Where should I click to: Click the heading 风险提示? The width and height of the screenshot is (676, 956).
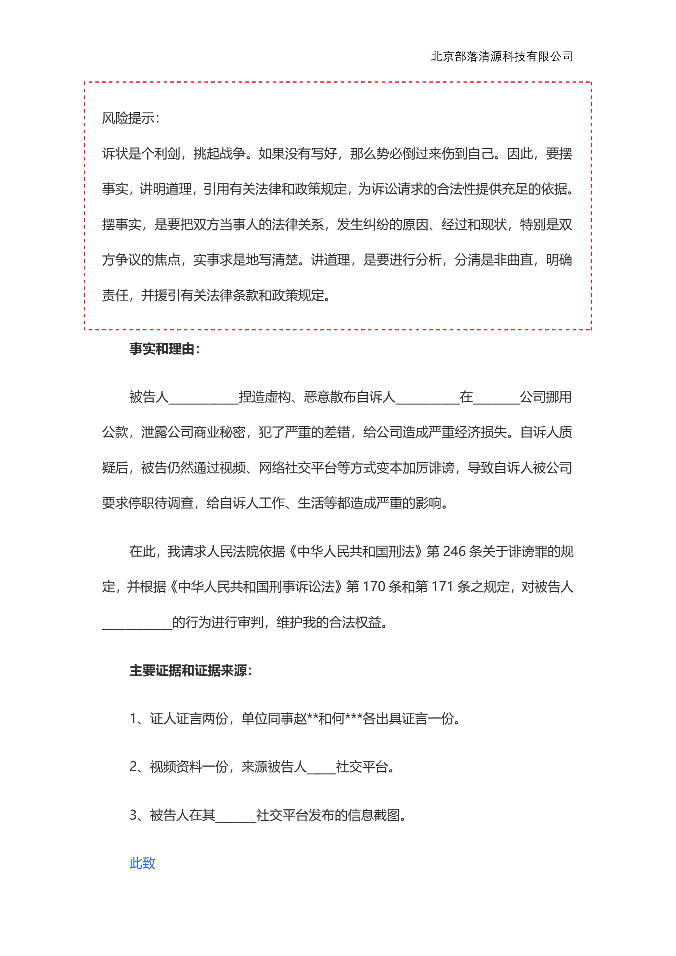click(130, 118)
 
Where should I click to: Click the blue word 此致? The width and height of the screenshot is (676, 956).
click(142, 863)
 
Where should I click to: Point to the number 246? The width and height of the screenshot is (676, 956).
click(454, 552)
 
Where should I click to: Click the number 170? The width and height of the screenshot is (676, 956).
click(374, 587)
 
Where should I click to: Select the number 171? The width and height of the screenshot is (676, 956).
click(442, 587)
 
